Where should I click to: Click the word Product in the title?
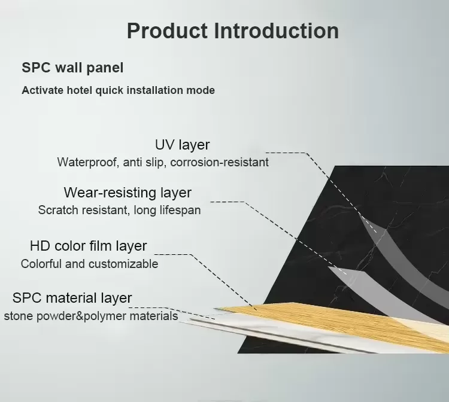[167, 31]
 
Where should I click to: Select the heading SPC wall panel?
[72, 68]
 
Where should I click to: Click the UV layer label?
[182, 144]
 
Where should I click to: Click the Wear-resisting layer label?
[128, 193]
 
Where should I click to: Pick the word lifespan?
[178, 211]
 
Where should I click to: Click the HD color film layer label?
[88, 246]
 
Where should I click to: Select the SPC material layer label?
[72, 298]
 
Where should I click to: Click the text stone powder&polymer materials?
[91, 316]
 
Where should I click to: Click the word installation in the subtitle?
[155, 91]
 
